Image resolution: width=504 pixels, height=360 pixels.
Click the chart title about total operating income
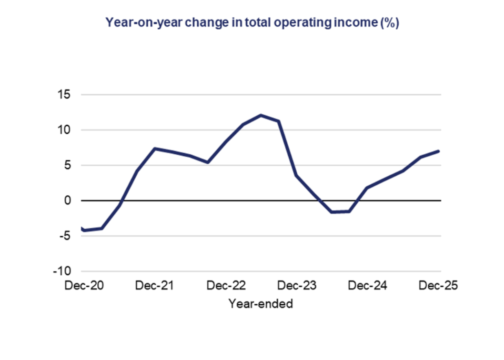click(252, 23)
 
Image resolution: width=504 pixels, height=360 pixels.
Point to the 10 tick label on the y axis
click(64, 130)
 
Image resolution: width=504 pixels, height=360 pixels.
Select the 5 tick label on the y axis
click(67, 165)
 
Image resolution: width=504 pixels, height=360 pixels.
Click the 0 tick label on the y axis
click(67, 200)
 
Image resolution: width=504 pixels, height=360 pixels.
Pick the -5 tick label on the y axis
click(65, 236)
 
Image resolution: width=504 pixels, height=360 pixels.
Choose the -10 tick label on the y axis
click(62, 271)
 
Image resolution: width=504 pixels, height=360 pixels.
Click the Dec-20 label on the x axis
click(84, 286)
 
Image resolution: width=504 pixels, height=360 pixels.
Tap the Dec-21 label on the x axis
click(154, 286)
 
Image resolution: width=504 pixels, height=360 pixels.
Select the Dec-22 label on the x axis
click(226, 286)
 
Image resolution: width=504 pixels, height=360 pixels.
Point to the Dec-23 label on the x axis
click(297, 286)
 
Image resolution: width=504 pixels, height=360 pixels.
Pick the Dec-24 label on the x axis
click(367, 286)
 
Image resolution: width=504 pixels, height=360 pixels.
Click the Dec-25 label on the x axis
click(438, 286)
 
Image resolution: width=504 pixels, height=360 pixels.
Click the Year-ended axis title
click(260, 303)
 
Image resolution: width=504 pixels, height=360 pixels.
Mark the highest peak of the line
click(261, 115)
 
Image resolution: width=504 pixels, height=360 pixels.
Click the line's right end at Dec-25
click(439, 151)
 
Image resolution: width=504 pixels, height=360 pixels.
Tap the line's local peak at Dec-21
click(155, 149)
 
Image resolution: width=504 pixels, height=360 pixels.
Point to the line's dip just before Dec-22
click(208, 162)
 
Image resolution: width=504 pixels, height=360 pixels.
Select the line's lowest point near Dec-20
click(84, 230)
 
